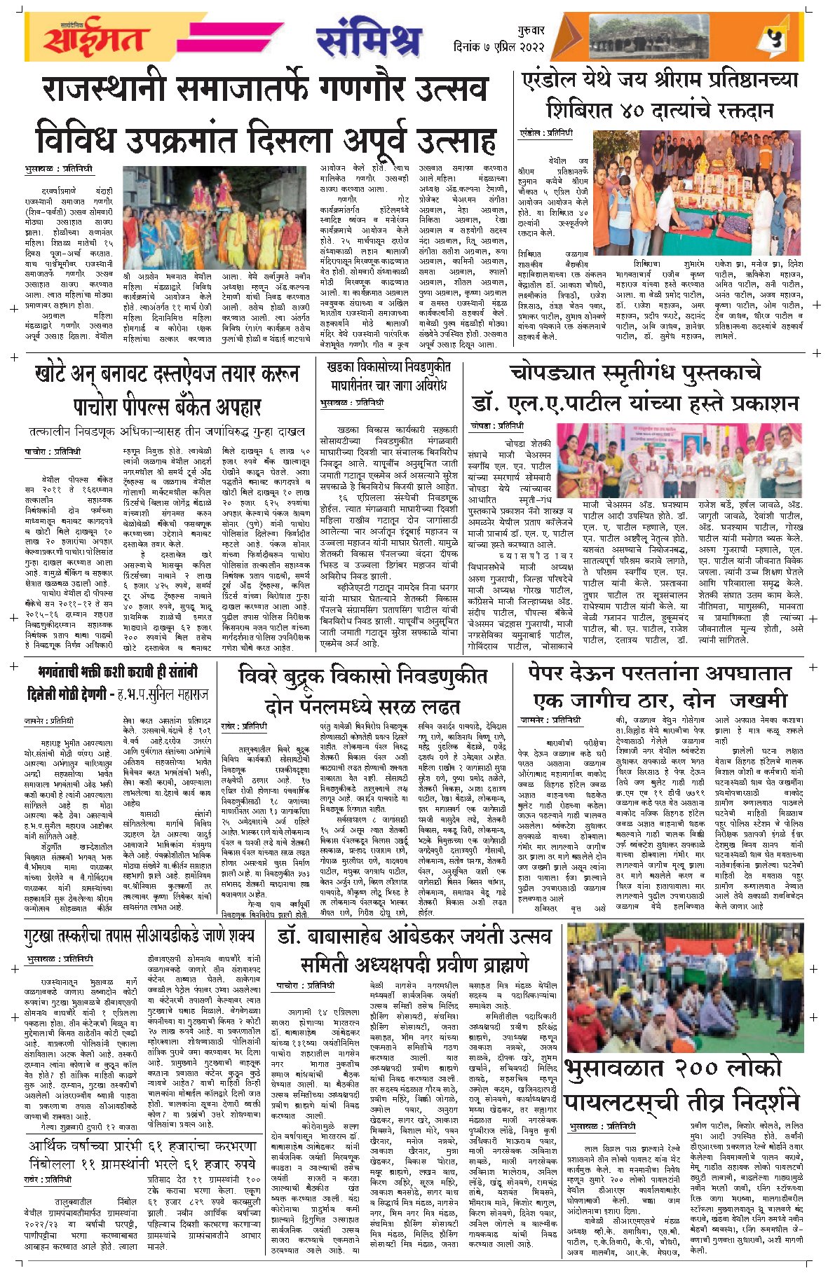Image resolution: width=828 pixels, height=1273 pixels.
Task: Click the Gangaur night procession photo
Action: (210, 217)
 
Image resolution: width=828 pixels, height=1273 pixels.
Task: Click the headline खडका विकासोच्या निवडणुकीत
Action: (388, 366)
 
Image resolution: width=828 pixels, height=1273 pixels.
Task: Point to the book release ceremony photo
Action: (677, 460)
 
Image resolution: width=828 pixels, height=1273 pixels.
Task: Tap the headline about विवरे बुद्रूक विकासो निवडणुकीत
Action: (362, 676)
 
